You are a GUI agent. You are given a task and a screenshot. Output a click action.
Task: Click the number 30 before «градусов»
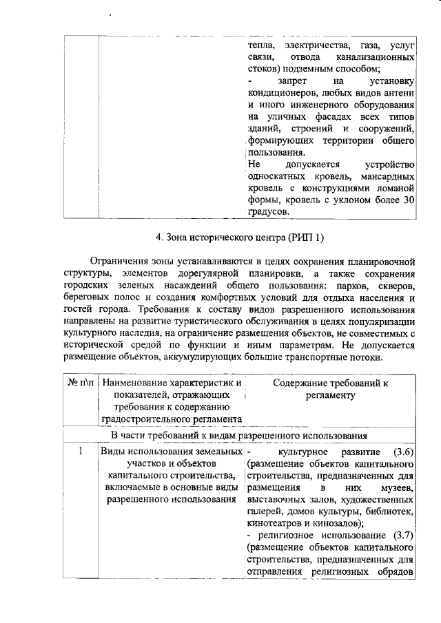[x=408, y=200]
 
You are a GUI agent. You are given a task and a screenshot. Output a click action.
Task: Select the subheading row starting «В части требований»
[x=238, y=435]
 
